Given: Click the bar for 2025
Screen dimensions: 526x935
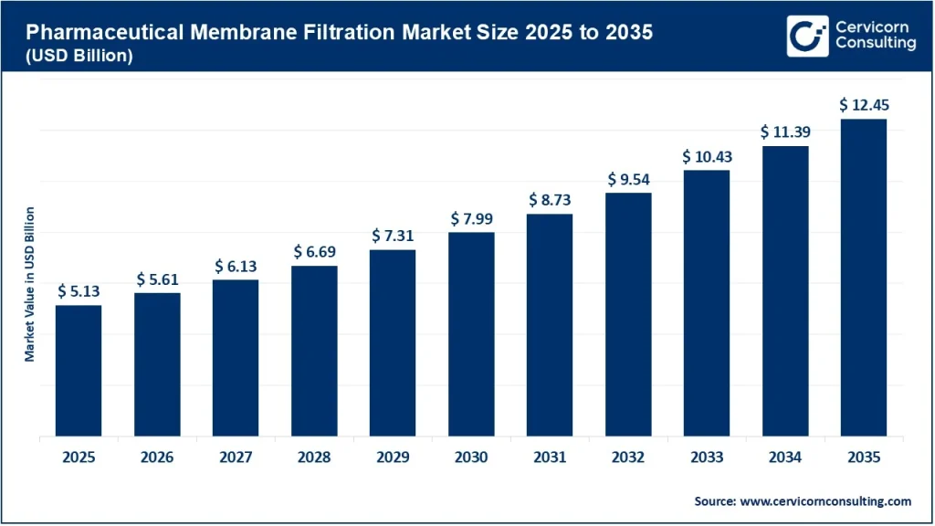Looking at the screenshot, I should pos(79,371).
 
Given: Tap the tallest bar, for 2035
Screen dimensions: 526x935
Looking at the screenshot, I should pos(864,278).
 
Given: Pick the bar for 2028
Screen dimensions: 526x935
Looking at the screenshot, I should pos(314,351).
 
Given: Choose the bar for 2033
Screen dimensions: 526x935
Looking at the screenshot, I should pos(707,303).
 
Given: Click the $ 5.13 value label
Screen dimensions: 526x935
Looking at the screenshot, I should pos(79,290).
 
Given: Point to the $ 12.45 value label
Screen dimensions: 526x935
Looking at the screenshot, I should pos(864,105).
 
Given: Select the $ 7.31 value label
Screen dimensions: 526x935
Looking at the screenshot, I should pos(393,236).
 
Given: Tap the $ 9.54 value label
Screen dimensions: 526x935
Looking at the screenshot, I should pos(628,179).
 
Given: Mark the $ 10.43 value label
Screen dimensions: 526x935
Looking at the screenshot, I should pos(707,156).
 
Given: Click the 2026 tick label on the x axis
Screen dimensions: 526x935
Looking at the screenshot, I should pos(157,458).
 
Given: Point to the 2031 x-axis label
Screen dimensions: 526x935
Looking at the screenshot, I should pos(550,458).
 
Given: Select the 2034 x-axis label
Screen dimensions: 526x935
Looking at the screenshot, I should pos(785,458).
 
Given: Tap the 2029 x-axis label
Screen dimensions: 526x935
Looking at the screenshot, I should pos(393,458).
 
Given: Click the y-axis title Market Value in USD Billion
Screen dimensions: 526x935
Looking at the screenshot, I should pos(29,284).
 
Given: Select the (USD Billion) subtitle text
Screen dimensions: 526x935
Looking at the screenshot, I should pos(79,55).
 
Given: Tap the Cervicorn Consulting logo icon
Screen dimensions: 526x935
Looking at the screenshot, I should pos(808,36).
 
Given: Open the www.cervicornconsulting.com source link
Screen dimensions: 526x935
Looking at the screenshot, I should pos(825,501).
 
